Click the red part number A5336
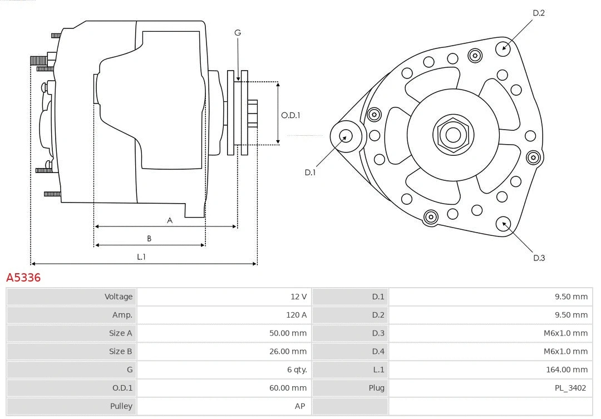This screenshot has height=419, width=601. tap(23, 277)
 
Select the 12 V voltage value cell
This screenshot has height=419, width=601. tap(298, 297)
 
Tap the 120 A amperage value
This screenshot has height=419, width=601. tap(296, 315)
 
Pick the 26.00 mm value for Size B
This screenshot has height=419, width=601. tap(288, 352)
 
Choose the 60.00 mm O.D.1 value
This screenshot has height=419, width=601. tap(288, 388)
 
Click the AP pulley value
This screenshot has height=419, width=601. tap(300, 406)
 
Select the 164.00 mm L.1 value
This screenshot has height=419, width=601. tap(566, 369)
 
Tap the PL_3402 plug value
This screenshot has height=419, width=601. tap(570, 388)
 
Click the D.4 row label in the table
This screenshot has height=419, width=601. tap(378, 352)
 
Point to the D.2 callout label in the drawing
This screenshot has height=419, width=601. tap(539, 13)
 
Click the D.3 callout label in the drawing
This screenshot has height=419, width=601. tap(539, 258)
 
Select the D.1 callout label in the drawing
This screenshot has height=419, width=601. tap(310, 172)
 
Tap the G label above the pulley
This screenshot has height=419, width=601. tap(238, 33)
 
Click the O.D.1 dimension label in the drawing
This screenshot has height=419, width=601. tap(290, 115)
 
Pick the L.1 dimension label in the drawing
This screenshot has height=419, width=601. tap(141, 257)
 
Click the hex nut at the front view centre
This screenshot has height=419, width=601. tap(453, 135)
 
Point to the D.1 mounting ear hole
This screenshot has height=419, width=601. tap(346, 136)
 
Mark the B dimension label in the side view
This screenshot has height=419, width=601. tap(149, 238)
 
